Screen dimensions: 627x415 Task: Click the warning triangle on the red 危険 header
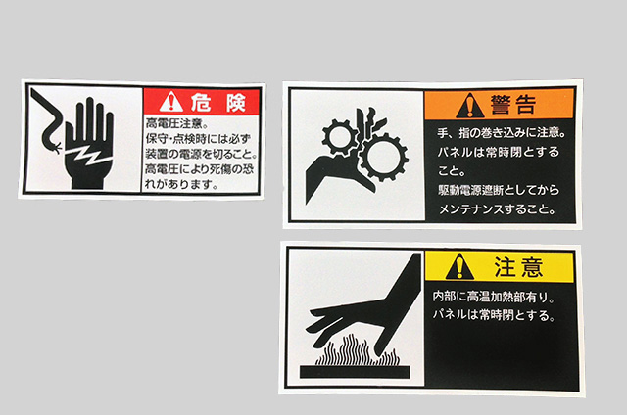pos(171,102)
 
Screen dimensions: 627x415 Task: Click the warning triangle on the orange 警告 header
pos(470,106)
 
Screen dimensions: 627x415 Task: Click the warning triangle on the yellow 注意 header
pos(459,266)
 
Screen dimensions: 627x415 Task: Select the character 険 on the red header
pos(236,102)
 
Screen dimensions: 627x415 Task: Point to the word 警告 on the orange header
pos(513,105)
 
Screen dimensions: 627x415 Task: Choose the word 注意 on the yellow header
pos(518,267)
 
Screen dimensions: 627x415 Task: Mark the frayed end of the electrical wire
pos(57,148)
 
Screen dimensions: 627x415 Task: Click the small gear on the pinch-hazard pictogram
pos(340,136)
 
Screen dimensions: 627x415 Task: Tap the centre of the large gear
pos(383,158)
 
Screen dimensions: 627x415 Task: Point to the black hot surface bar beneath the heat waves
pos(355,372)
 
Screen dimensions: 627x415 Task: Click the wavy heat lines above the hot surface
pos(357,350)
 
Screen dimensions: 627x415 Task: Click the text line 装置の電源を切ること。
pos(201,154)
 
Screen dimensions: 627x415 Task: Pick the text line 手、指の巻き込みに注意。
pos(502,132)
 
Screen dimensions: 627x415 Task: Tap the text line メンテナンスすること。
pos(498,208)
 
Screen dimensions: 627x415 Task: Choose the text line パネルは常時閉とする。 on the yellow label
pos(494,315)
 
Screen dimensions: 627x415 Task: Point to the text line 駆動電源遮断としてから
pos(499,190)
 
